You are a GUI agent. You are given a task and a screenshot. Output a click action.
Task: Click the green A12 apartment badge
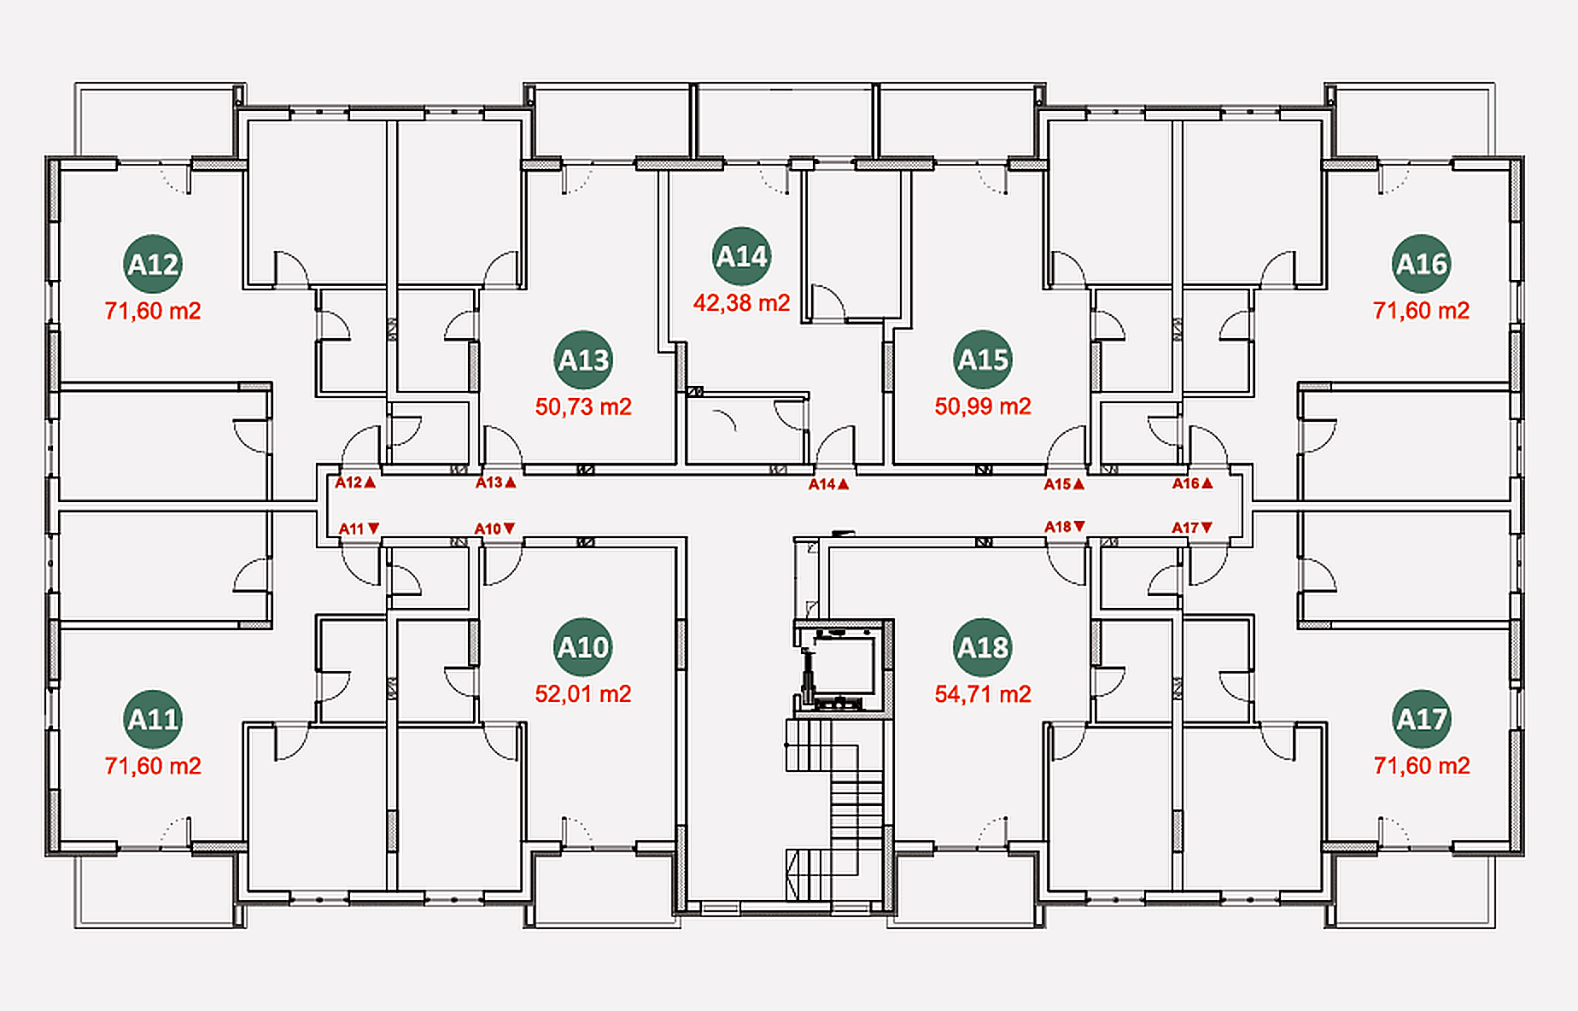tap(153, 264)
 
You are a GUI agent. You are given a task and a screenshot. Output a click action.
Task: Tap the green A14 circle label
tap(742, 256)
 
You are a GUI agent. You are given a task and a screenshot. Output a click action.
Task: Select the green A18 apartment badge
tap(983, 647)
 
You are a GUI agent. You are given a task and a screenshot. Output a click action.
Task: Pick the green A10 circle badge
tap(583, 647)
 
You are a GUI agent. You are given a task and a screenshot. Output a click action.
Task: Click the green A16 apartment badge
tap(1422, 264)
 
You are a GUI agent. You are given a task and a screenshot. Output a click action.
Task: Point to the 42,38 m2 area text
tap(742, 303)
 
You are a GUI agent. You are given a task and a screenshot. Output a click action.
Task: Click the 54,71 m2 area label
tap(983, 694)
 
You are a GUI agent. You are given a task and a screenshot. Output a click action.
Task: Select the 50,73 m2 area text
tap(583, 406)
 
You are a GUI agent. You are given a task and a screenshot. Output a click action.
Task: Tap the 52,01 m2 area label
tap(583, 694)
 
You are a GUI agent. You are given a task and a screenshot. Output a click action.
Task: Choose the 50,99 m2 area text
tap(983, 406)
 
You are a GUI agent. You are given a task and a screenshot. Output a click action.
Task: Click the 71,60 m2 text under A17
tap(1422, 766)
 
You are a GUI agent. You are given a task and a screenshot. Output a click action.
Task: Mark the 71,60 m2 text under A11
tap(153, 766)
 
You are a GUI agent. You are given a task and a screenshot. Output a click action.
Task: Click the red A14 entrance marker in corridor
tap(829, 484)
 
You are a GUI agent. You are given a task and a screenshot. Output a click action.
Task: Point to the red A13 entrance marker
tap(496, 482)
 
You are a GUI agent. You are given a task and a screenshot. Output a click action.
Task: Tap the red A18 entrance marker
tap(1065, 527)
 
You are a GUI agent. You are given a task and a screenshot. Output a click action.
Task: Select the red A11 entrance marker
tap(359, 529)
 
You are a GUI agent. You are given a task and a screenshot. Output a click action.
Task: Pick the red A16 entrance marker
tap(1193, 483)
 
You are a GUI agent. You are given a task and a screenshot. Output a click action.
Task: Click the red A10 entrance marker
tap(495, 529)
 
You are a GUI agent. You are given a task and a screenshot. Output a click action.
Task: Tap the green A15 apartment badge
tap(983, 359)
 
